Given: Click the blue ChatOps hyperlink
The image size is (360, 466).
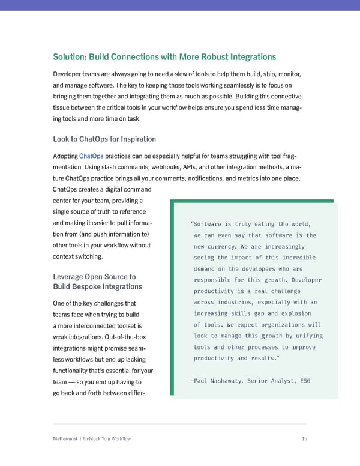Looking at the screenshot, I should pyautogui.click(x=91, y=156).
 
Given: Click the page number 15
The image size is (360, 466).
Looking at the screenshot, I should pyautogui.click(x=304, y=439).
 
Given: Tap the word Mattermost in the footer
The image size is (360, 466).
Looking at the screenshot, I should pyautogui.click(x=67, y=439).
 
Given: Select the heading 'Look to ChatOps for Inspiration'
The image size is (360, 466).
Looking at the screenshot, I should pyautogui.click(x=104, y=139).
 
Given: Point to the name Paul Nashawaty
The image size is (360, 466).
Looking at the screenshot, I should pyautogui.click(x=219, y=381).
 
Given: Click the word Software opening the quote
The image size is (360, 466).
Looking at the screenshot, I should pyautogui.click(x=211, y=224).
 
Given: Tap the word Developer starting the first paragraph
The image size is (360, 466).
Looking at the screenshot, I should pyautogui.click(x=70, y=74).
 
